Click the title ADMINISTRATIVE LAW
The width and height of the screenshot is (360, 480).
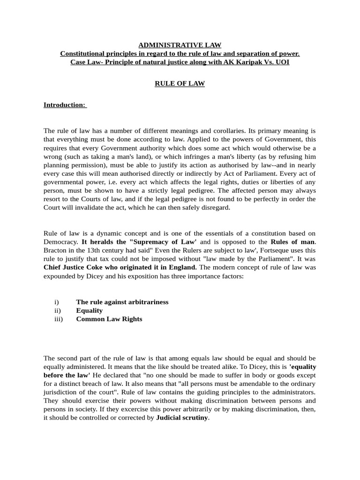(x=180, y=45)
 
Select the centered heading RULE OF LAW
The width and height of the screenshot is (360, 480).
(x=180, y=84)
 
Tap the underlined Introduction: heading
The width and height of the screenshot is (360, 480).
(x=65, y=105)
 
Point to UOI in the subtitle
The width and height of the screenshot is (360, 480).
(x=282, y=62)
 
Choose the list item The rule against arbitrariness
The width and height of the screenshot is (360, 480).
(x=122, y=302)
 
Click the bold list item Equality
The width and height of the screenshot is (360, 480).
(x=89, y=310)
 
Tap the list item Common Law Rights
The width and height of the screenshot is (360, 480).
(x=109, y=319)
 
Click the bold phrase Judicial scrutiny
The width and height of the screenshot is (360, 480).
(x=182, y=417)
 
